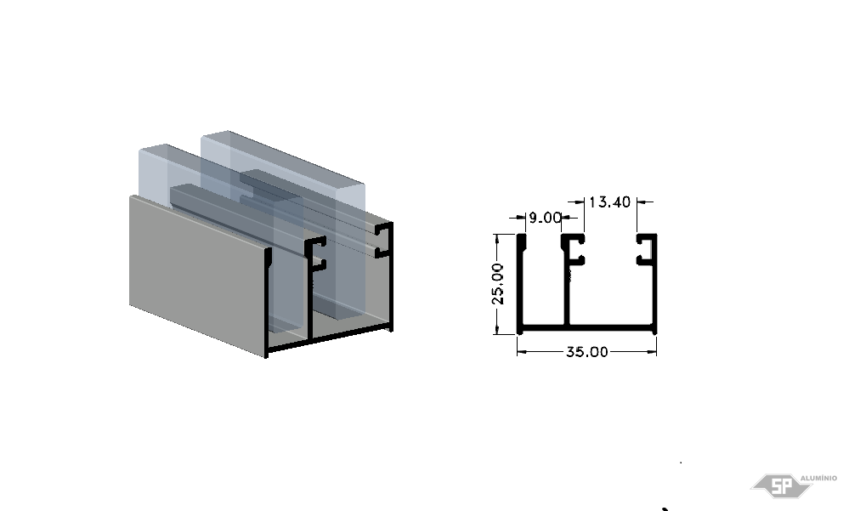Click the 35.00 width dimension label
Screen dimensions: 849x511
click(x=587, y=352)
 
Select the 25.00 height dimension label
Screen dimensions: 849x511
click(x=498, y=284)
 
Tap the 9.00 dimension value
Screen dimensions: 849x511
click(x=545, y=218)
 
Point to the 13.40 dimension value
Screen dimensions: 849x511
click(x=609, y=202)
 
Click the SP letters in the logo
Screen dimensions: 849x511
click(x=781, y=485)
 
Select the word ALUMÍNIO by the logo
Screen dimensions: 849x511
click(x=818, y=478)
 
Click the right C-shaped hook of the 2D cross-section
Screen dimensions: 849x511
click(x=647, y=250)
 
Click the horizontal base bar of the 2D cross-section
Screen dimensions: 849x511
click(x=587, y=328)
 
